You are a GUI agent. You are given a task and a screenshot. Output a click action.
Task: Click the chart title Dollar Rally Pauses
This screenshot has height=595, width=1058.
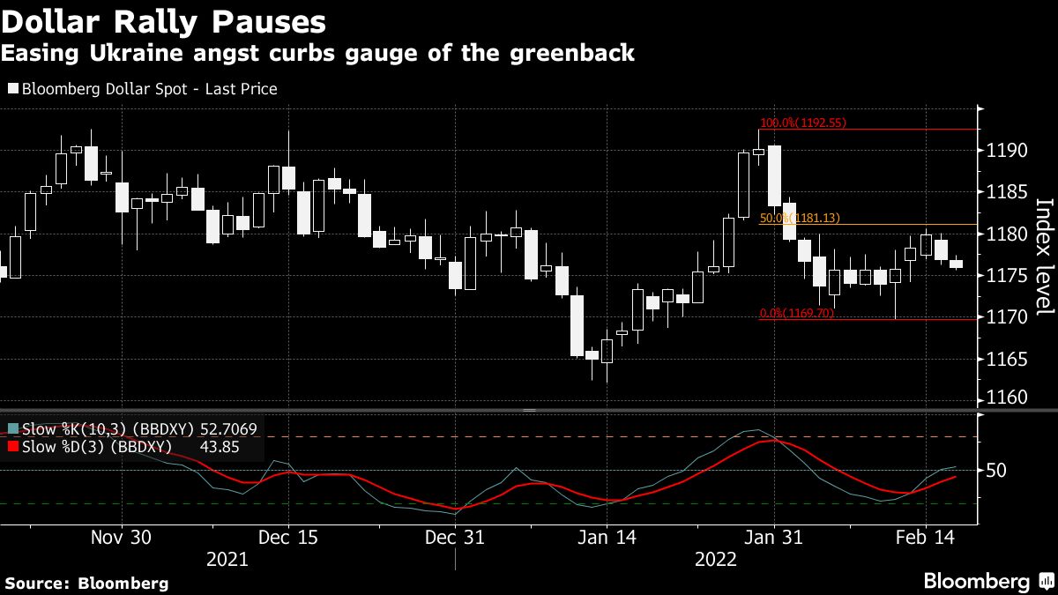tap(163, 21)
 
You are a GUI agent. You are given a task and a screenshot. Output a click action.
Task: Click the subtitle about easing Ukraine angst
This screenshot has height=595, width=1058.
tap(317, 54)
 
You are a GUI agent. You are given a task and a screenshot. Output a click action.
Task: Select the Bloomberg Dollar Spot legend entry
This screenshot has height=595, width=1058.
tap(142, 89)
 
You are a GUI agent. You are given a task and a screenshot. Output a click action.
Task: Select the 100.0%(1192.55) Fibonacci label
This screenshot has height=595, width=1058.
tap(802, 123)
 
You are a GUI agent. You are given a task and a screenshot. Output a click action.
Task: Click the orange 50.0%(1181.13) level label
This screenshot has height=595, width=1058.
tap(802, 218)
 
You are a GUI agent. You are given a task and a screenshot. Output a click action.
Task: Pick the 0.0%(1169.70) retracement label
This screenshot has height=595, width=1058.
tap(796, 313)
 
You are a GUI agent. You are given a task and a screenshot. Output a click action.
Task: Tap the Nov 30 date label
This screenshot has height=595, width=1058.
tap(122, 538)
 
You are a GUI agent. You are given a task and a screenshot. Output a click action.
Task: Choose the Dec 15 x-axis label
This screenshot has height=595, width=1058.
tap(288, 538)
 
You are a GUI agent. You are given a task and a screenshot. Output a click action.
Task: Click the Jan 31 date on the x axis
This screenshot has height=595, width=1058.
tap(772, 538)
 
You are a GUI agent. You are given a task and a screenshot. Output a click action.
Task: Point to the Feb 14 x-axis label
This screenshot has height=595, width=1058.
tap(923, 538)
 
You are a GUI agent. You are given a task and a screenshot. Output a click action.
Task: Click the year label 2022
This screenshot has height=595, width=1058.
tap(717, 559)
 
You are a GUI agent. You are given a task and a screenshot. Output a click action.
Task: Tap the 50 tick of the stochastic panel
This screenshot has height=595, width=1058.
tap(995, 471)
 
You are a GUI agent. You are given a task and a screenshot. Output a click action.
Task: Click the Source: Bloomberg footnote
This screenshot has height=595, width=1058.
tap(86, 583)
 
